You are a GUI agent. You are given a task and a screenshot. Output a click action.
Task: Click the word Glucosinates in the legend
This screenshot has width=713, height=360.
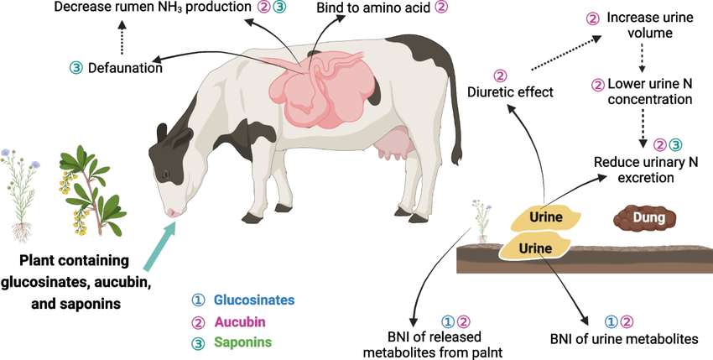pyautogui.click(x=254, y=300)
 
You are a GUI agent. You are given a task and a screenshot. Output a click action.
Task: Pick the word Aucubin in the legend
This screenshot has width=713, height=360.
pyautogui.click(x=240, y=321)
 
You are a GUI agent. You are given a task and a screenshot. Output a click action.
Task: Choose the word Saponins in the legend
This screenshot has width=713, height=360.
pyautogui.click(x=244, y=342)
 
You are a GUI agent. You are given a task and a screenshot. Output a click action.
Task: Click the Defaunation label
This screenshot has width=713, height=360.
pyautogui.click(x=126, y=68)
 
